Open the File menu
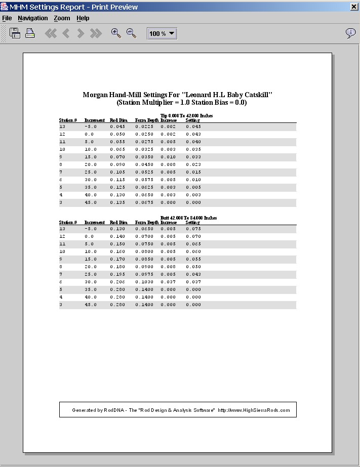[x=7, y=18]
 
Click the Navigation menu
[x=32, y=18]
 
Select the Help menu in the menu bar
[x=83, y=18]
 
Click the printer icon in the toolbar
[x=30, y=33]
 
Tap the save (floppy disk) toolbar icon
[x=15, y=33]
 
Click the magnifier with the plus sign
[x=116, y=33]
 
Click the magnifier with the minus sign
[x=131, y=33]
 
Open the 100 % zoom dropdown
[x=162, y=33]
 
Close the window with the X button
[x=353, y=7]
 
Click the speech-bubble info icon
[x=350, y=33]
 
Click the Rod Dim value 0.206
[x=118, y=282]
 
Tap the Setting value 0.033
[x=193, y=157]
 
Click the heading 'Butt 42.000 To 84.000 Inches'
[x=188, y=218]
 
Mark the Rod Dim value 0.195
[x=118, y=274]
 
